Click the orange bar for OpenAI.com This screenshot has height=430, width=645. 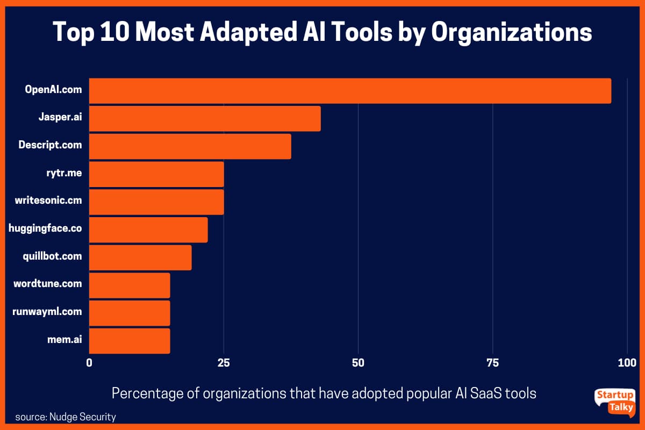(349, 90)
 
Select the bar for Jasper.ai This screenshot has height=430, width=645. (204, 118)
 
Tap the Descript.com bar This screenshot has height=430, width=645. (190, 146)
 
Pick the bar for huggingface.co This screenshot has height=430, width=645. (148, 230)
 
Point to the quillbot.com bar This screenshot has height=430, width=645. (140, 257)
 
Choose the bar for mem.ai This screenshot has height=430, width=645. (129, 341)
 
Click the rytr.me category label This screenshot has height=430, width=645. (64, 174)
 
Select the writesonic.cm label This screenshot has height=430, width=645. (48, 201)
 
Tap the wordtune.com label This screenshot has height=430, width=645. (47, 283)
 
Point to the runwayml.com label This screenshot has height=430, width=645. (47, 311)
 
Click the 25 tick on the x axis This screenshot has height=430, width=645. (224, 363)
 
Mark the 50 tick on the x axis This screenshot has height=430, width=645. (358, 363)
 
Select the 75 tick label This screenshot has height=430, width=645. (492, 363)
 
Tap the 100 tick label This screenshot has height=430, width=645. (627, 363)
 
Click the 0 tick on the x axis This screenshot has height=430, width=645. (89, 363)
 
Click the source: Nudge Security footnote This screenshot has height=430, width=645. (66, 417)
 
